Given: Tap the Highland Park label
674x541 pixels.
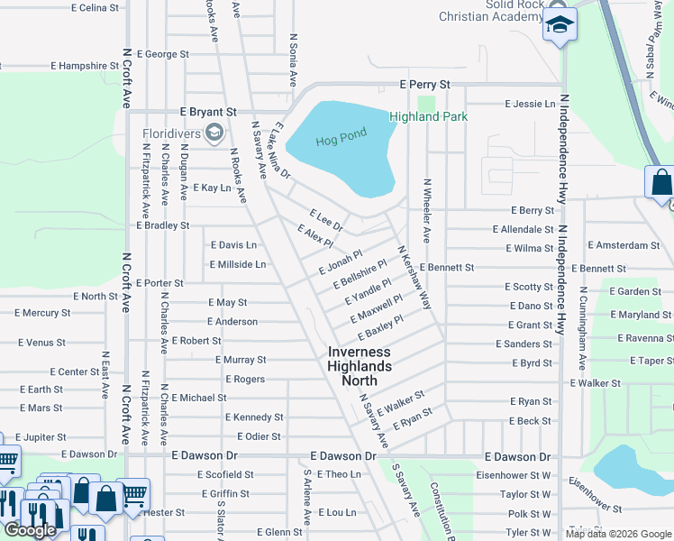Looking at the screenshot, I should coord(428,116).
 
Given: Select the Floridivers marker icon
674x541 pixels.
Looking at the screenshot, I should coord(214,134).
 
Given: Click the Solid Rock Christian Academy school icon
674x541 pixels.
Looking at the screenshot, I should coord(560,25).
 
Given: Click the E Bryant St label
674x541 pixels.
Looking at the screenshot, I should coord(208,112).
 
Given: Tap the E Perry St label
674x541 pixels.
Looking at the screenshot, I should coord(424,85).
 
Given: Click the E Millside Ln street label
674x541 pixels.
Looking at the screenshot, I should coord(238,264).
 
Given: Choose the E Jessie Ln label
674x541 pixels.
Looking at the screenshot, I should coord(530,105).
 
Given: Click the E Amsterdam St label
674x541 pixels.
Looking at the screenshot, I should coord(624,245).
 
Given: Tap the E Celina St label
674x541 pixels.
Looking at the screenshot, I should coord(94,8).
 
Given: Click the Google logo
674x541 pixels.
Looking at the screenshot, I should coord(31,530).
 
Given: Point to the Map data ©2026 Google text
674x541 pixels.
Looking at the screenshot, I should coord(618,534).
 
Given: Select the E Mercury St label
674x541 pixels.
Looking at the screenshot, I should coord(41,314).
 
